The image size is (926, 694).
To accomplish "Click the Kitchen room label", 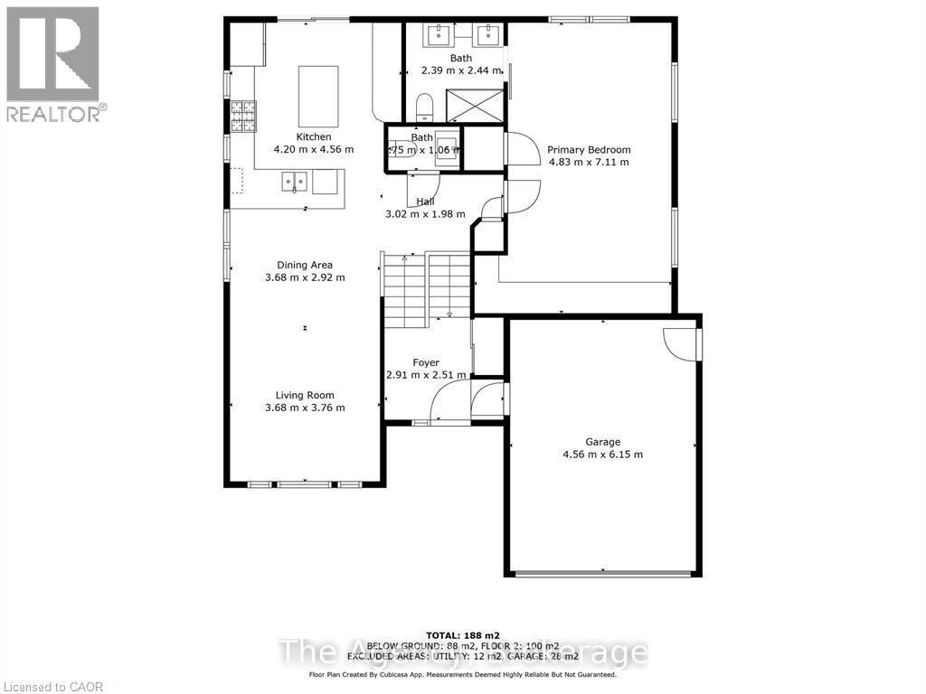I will click(x=301, y=136).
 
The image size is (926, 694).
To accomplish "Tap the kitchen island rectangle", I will click(x=318, y=96).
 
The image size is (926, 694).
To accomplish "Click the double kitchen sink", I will click(x=296, y=182).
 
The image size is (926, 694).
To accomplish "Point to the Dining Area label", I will click(x=305, y=265).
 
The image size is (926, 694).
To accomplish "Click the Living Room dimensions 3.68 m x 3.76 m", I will click(x=305, y=408).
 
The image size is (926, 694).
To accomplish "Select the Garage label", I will click(x=602, y=442).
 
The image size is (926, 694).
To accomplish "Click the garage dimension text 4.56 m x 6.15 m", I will click(x=602, y=455).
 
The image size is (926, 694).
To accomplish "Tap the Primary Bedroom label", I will click(x=589, y=150).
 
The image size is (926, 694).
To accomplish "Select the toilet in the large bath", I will click(x=424, y=108).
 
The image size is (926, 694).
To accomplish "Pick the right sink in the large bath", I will click(x=488, y=34).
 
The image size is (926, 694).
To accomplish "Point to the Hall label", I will click(x=425, y=202).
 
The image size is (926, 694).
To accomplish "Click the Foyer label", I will click(x=426, y=362).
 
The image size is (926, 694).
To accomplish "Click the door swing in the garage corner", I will click(x=681, y=342).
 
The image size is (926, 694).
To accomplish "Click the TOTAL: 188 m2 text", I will click(x=462, y=635).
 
